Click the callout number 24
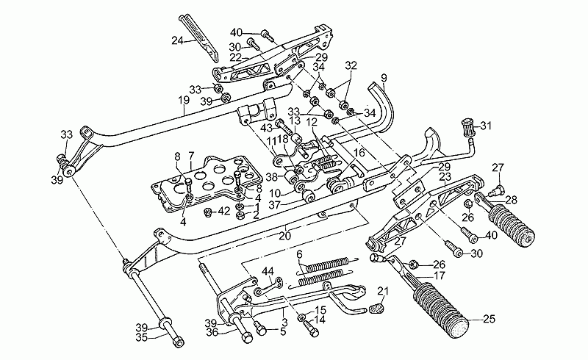point(177,40)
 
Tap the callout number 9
point(383,78)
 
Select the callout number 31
point(485,126)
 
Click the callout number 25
point(489,319)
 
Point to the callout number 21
point(383,291)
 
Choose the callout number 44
point(268,271)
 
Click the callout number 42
point(224,212)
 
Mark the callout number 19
point(183,100)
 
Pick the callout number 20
point(285,237)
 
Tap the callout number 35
point(141,337)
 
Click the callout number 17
point(439,276)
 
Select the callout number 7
point(191,155)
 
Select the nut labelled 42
point(207,213)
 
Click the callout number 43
point(267,128)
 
